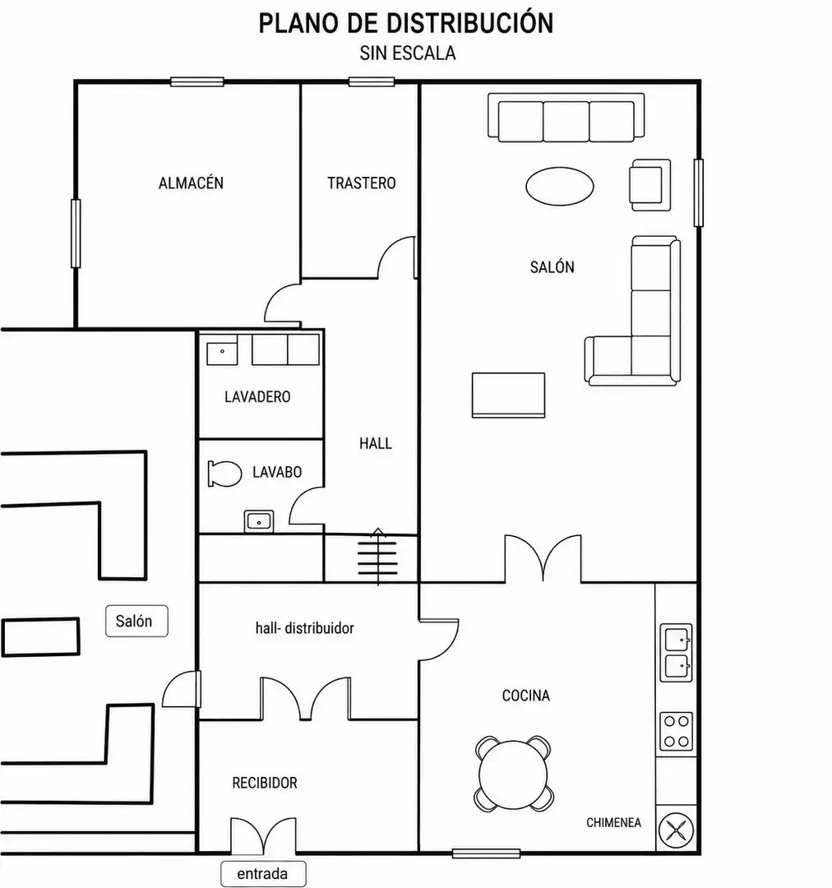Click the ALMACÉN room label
point(191,183)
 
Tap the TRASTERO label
point(362,183)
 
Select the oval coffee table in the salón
point(560,186)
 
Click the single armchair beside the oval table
point(650,185)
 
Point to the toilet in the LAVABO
point(224,474)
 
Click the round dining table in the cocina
point(513,775)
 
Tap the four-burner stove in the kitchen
point(677,731)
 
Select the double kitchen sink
point(677,652)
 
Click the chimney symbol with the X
point(677,830)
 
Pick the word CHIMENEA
point(613,822)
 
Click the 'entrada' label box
point(263,874)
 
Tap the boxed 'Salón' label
point(136,621)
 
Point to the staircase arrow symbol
point(377,556)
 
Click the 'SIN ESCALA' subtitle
point(408,53)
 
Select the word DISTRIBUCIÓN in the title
point(470,23)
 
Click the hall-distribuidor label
point(305,627)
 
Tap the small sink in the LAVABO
point(259,521)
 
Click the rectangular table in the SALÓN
point(509,395)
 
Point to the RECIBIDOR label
point(265,783)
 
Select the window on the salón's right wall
point(699,192)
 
